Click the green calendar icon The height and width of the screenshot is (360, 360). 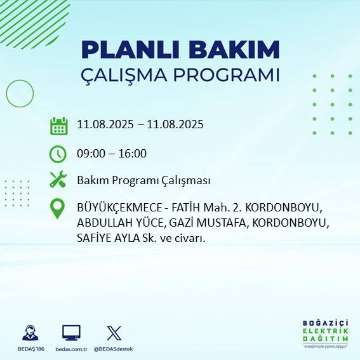[x=58, y=126]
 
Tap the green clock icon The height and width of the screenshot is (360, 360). [x=58, y=154]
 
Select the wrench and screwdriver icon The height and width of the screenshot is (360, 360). [x=58, y=180]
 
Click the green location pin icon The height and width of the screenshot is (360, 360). [x=58, y=209]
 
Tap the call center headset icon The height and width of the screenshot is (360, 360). [x=30, y=333]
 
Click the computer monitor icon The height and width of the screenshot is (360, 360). [x=71, y=333]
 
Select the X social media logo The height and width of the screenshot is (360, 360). [x=114, y=333]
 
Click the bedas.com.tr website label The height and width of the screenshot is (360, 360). [x=71, y=349]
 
